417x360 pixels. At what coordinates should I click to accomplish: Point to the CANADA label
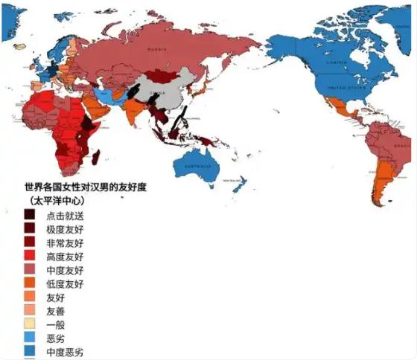(x=339, y=64)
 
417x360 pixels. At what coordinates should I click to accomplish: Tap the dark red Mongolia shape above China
(x=160, y=75)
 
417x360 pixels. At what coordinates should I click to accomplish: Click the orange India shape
(x=134, y=112)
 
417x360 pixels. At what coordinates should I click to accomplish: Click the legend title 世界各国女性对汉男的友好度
(x=85, y=187)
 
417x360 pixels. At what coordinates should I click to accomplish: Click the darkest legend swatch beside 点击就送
(x=30, y=216)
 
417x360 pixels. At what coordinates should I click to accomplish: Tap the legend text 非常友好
(x=65, y=243)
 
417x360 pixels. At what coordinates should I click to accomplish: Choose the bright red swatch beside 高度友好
(x=30, y=257)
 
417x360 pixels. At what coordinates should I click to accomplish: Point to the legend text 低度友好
(x=65, y=284)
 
